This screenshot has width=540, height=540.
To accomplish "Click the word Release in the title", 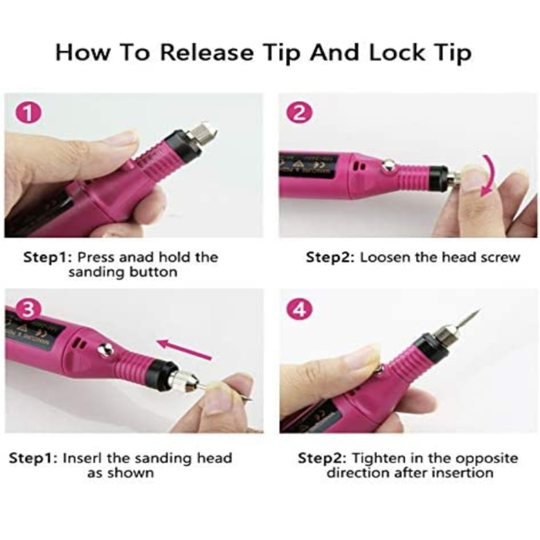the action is pos(208,53).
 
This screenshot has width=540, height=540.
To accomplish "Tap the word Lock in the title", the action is pos(397,53).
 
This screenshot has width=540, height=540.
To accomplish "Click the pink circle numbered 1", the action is pos(29,113).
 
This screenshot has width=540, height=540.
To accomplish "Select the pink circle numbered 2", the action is pos(299,113).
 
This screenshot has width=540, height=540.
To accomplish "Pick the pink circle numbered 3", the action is pos(29,309).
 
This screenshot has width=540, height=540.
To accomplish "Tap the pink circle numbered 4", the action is pos(299,309).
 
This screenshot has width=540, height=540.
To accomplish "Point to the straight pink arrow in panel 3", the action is pos(184,349).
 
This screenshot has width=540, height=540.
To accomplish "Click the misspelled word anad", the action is pos(137,257).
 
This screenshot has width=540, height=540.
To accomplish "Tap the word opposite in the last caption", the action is pos(488,459).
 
